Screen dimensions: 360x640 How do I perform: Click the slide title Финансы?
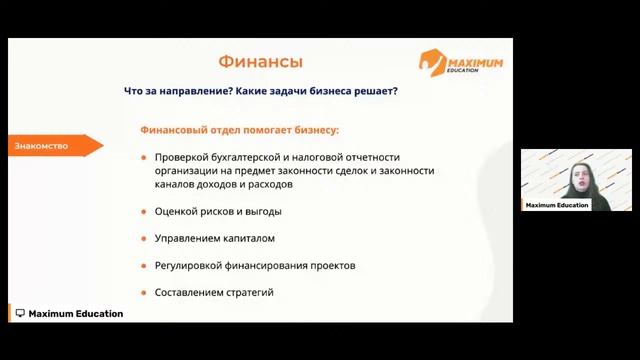tap(260, 62)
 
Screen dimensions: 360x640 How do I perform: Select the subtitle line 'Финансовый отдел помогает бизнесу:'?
tap(239, 130)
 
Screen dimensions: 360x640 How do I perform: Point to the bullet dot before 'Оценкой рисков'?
tap(144, 212)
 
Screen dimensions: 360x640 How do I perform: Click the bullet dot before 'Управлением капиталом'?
tap(144, 239)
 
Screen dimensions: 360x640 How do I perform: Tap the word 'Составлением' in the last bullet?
tap(187, 292)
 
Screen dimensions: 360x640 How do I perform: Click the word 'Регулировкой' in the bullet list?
tap(187, 266)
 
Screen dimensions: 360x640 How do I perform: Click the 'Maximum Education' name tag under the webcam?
tap(557, 205)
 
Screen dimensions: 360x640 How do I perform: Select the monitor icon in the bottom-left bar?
tap(20, 314)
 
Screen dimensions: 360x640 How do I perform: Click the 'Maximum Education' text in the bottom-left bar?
tap(76, 314)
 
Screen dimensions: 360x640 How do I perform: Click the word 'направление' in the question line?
tap(188, 91)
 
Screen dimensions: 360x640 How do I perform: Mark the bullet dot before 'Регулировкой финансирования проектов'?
tap(144, 266)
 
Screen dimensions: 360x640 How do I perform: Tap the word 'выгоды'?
tap(263, 212)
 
